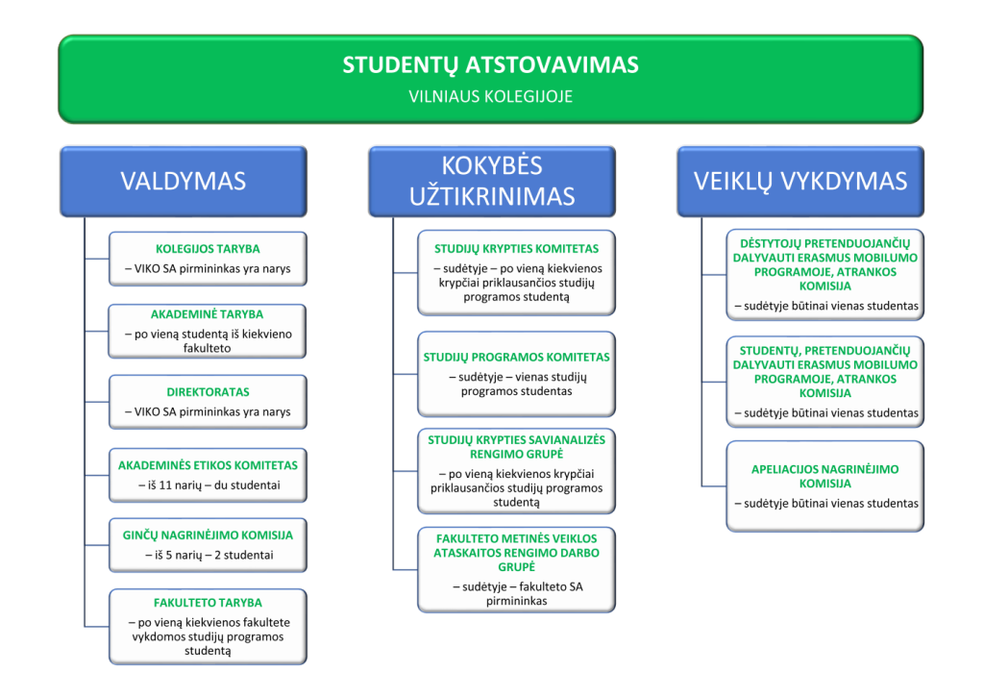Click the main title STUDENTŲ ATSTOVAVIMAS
pos(490,65)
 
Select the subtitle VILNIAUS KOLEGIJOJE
pos(490,96)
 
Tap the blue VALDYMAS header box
pos(183,181)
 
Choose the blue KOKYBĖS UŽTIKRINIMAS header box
pos(492,181)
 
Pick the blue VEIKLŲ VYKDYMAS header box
pos(799,181)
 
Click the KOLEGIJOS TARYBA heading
pos(208,248)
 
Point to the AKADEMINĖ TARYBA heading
pos(208,314)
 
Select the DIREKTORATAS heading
pos(208,392)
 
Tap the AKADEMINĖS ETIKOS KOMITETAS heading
pos(208,465)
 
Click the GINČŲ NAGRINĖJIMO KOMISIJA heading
pos(208,535)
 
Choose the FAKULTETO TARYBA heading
pos(208,604)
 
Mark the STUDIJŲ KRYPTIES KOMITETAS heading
pos(516,249)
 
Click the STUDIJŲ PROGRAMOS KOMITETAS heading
pos(516,357)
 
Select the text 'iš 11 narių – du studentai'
pos(208,485)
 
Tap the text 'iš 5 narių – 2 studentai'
pos(208,556)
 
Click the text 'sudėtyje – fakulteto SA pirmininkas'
pos(516,593)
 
